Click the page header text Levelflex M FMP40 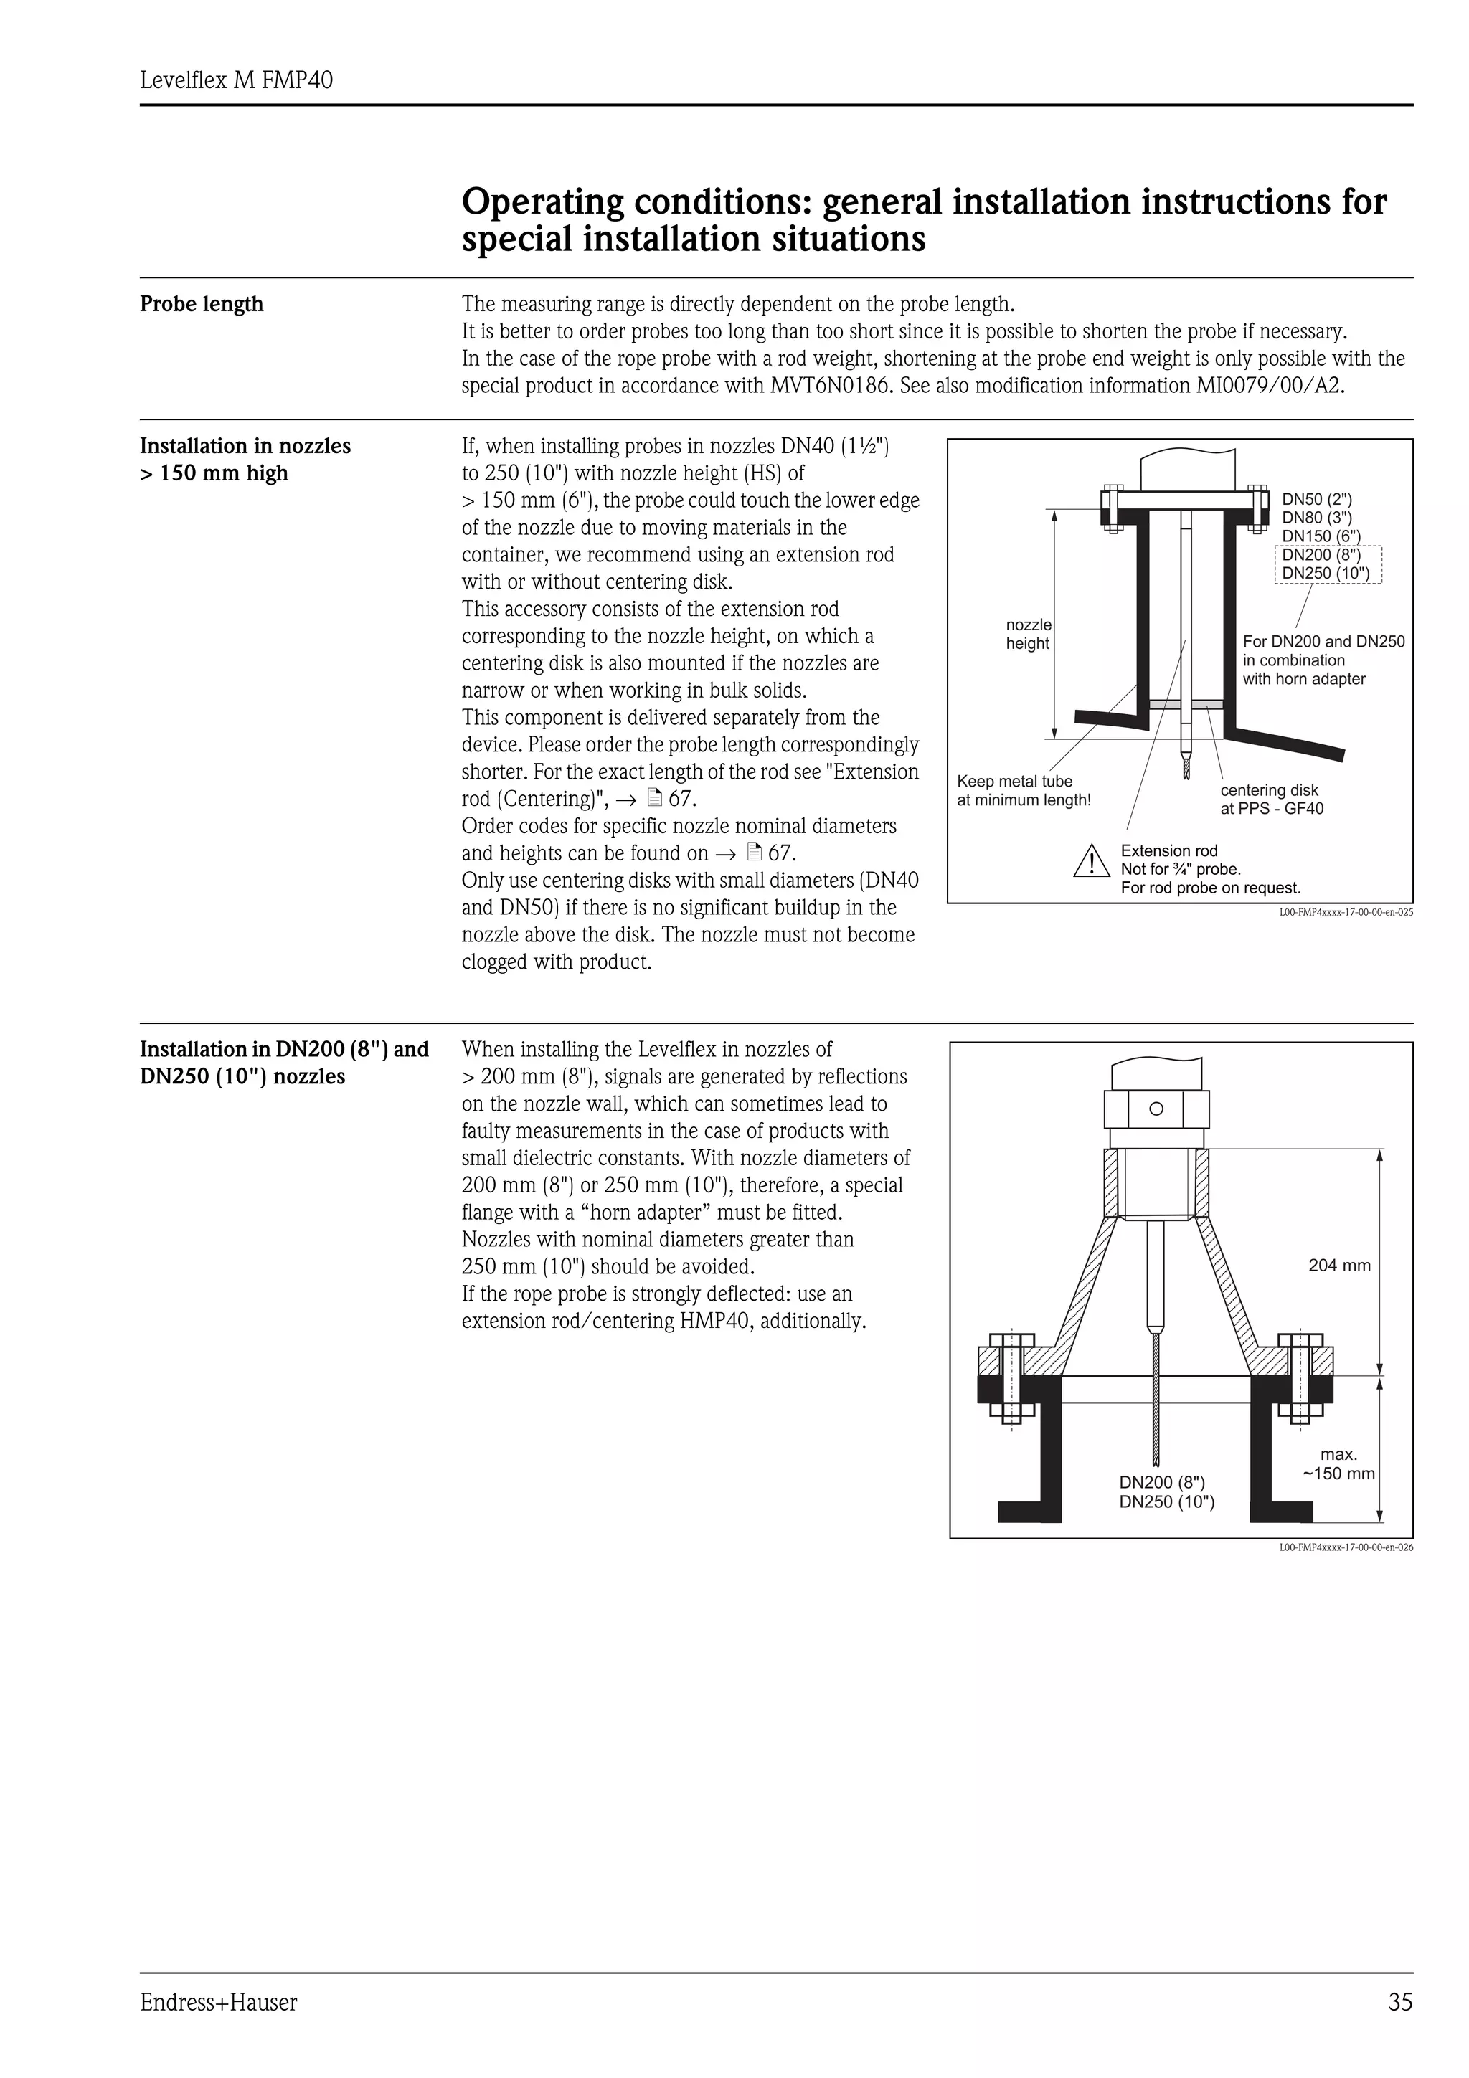pos(236,80)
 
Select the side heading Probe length pos(201,304)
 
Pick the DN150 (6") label pos(1321,536)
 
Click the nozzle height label pos(1028,634)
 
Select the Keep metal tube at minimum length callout pos(1023,790)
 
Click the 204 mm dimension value pos(1338,1266)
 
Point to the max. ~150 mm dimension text pos(1338,1464)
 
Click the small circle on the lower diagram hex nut pos(1156,1109)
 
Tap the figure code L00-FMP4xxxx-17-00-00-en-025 pos(1346,912)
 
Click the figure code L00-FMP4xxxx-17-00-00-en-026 pos(1346,1547)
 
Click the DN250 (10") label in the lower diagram pos(1167,1501)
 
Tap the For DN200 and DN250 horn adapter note pos(1323,660)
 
